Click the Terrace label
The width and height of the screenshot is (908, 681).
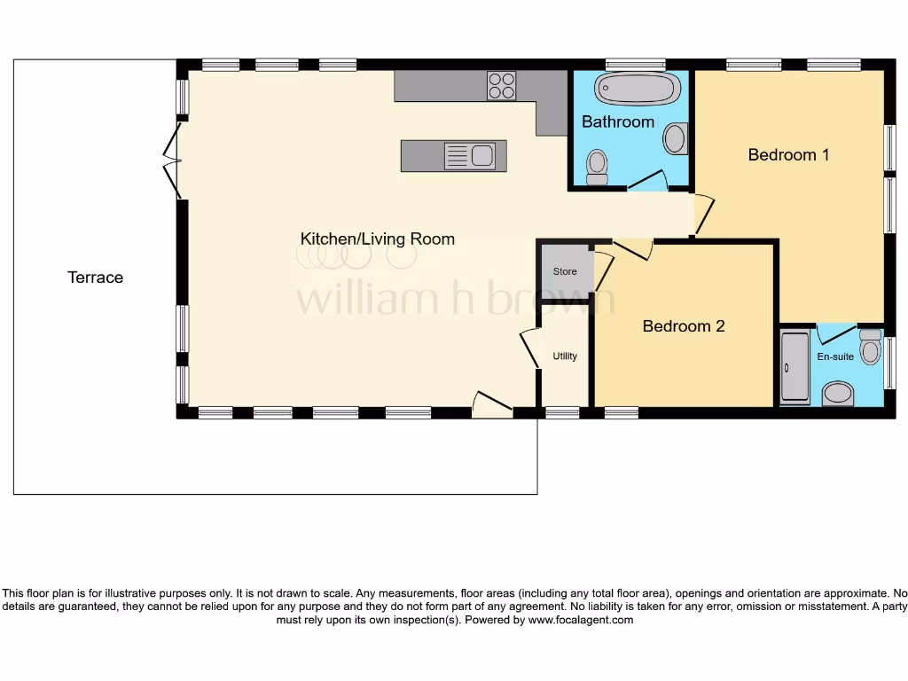(x=95, y=278)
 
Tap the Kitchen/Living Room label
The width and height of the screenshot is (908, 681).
(x=377, y=239)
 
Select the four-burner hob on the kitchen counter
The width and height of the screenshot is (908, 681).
(x=501, y=86)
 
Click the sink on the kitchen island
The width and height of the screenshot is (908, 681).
(x=471, y=156)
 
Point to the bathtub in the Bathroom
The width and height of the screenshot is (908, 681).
(x=638, y=90)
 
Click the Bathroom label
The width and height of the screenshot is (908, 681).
(x=618, y=121)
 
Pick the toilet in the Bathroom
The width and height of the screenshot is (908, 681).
(x=597, y=165)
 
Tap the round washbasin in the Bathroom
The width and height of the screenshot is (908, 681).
(x=676, y=138)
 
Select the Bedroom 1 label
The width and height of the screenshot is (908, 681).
(x=788, y=154)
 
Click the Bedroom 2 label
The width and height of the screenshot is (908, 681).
(x=683, y=326)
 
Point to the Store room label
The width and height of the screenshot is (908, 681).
(x=565, y=271)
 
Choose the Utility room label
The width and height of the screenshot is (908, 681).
(x=565, y=356)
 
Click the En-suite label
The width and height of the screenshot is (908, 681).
(x=834, y=356)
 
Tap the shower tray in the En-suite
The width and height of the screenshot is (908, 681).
(x=794, y=369)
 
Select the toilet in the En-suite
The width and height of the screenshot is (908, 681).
(x=870, y=348)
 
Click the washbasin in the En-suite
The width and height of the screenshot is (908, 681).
(x=836, y=393)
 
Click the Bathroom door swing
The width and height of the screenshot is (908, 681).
(x=648, y=180)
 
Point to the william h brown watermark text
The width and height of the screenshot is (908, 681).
(x=455, y=299)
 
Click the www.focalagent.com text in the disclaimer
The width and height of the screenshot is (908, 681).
(x=581, y=620)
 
